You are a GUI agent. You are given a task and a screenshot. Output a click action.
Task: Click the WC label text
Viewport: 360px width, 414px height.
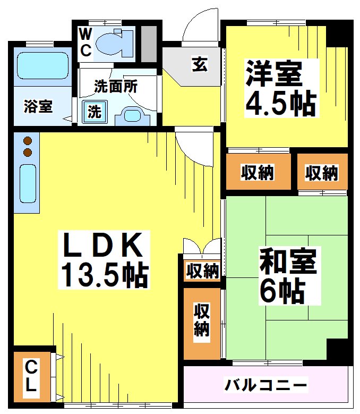[x=85, y=42]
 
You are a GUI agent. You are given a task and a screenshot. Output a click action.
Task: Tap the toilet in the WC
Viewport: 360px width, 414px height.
[x=115, y=43]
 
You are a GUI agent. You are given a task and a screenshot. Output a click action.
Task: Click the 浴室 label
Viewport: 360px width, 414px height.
[x=38, y=106]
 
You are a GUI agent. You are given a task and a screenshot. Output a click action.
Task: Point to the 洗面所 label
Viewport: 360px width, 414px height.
[x=115, y=86]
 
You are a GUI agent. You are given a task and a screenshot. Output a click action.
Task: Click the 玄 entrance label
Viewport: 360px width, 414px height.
[x=199, y=65]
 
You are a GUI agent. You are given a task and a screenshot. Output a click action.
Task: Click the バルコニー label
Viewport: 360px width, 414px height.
[x=265, y=384]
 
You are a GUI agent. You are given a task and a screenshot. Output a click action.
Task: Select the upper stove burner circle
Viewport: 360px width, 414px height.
[x=28, y=141]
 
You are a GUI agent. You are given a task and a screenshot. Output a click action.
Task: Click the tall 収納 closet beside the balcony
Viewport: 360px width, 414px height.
[x=201, y=322]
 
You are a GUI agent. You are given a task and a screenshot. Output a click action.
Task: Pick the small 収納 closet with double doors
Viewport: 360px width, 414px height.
[x=202, y=271]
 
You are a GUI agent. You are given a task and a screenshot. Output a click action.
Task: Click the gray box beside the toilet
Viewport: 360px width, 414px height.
[x=149, y=42]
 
